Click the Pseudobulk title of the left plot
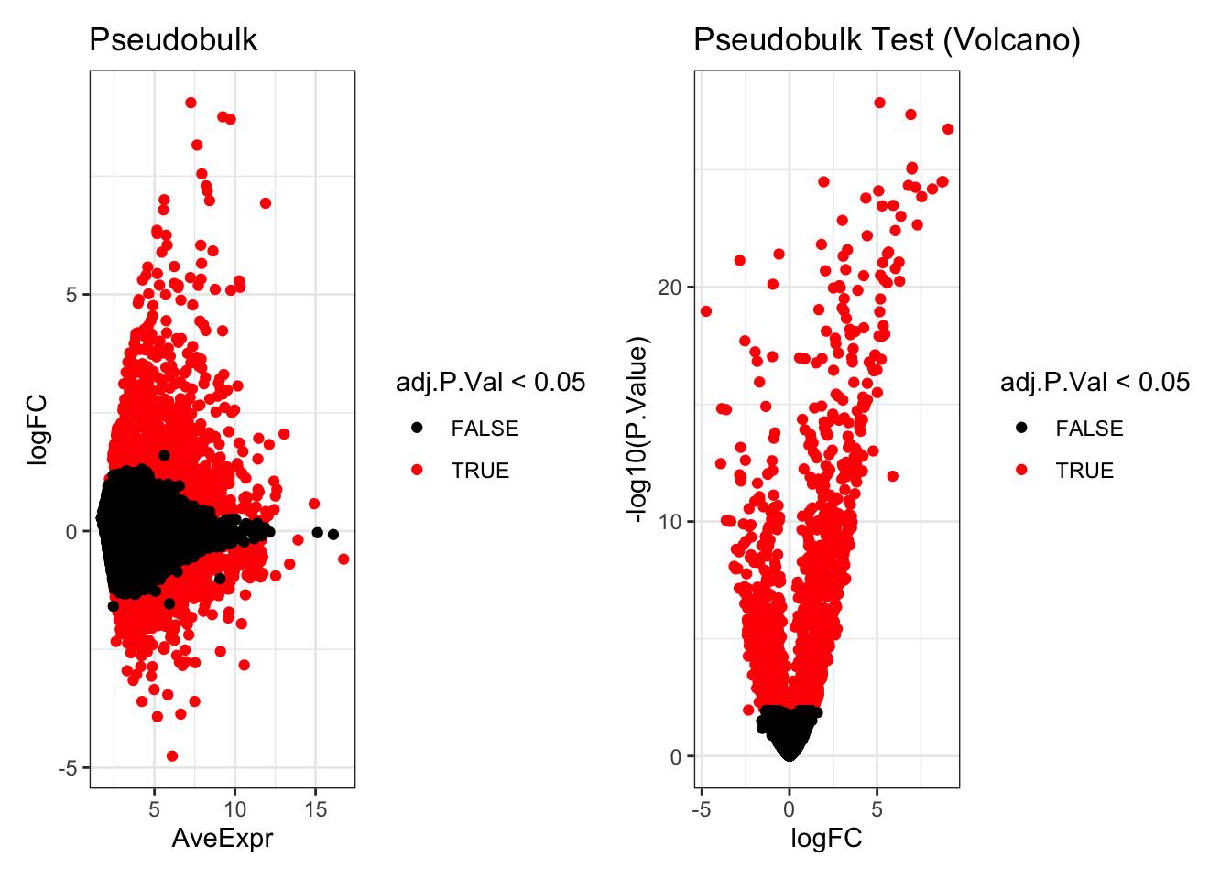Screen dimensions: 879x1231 pyautogui.click(x=173, y=40)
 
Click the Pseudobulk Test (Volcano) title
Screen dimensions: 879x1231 pyautogui.click(x=887, y=40)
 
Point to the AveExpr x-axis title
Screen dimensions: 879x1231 pyautogui.click(x=223, y=838)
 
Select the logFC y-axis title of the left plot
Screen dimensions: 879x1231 pyautogui.click(x=38, y=429)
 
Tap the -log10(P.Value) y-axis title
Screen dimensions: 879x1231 pyautogui.click(x=637, y=429)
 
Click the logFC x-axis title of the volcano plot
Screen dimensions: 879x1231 pyautogui.click(x=826, y=838)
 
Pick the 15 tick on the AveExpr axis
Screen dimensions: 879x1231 pyautogui.click(x=316, y=809)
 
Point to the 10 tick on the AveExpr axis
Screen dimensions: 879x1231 pyautogui.click(x=235, y=809)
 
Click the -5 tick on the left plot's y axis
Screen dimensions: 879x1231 pyautogui.click(x=68, y=768)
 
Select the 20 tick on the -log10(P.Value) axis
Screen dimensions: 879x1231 pyautogui.click(x=670, y=288)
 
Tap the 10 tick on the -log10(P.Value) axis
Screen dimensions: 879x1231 pyautogui.click(x=670, y=522)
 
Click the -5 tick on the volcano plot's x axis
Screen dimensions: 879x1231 pyautogui.click(x=702, y=809)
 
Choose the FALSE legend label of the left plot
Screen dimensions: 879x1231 pyautogui.click(x=485, y=429)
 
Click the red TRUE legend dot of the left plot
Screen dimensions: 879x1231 pyautogui.click(x=418, y=471)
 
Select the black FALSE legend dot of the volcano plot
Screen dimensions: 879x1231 pyautogui.click(x=1022, y=429)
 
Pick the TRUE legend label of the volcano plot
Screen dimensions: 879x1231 pyautogui.click(x=1084, y=471)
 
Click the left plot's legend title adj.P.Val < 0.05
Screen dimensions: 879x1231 pyautogui.click(x=490, y=382)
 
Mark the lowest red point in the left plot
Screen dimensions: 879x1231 pyautogui.click(x=172, y=756)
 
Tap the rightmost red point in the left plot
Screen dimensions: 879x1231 pyautogui.click(x=343, y=559)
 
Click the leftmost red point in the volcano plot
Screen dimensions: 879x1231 pyautogui.click(x=706, y=311)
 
